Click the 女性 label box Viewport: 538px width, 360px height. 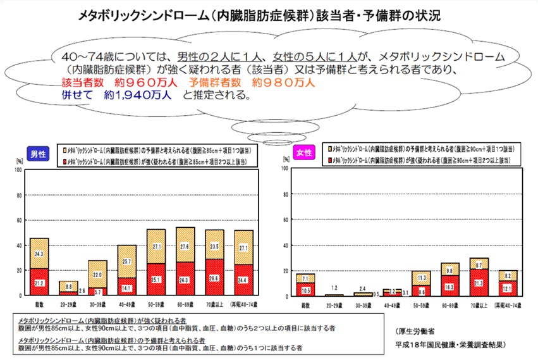(304, 154)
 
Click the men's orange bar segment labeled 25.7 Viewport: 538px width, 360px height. (126, 261)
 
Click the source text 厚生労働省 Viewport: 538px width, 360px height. (423, 332)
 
